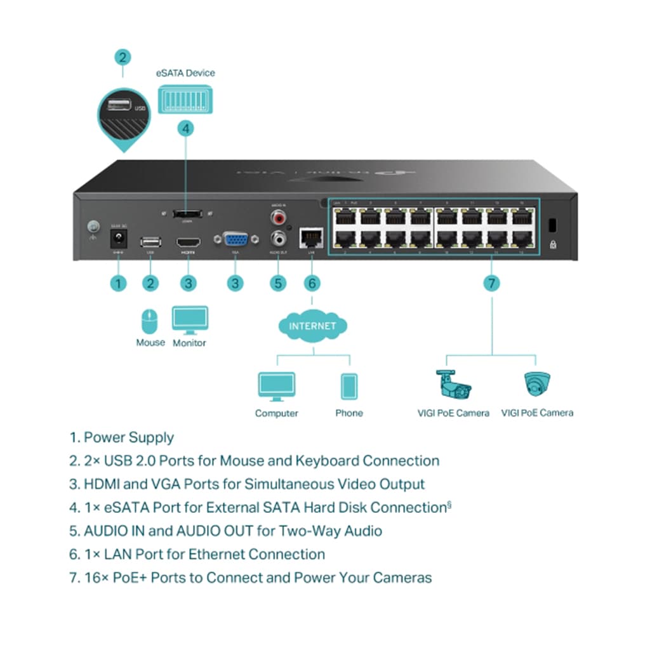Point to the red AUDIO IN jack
click(x=277, y=218)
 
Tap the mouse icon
click(x=150, y=321)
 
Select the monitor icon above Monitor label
click(x=190, y=320)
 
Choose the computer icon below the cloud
click(x=276, y=387)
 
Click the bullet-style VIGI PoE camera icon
click(x=453, y=383)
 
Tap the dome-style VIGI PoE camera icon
click(x=537, y=383)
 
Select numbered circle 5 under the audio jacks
click(x=277, y=282)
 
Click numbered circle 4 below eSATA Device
click(x=185, y=128)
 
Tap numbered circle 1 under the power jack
click(x=117, y=282)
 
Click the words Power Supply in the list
click(x=129, y=437)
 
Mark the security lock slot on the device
click(x=551, y=225)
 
